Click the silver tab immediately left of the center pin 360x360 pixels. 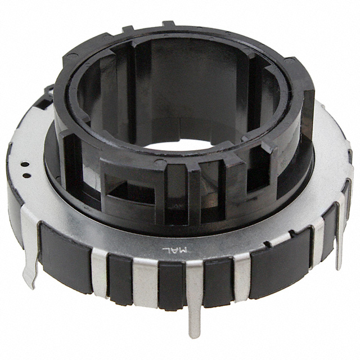point(145,278)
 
